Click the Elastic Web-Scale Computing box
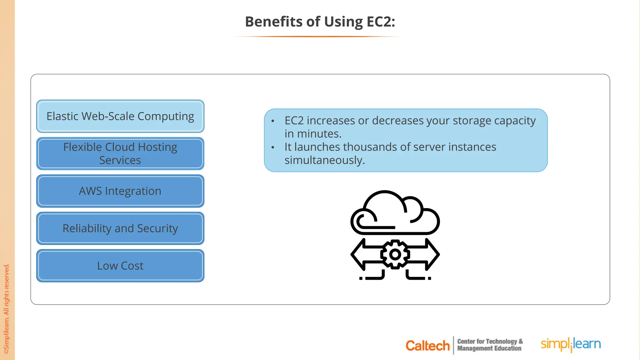tap(120, 116)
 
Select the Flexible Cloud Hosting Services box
tap(120, 153)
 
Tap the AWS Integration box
tap(120, 191)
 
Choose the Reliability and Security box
tap(120, 228)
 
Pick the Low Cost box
tap(120, 266)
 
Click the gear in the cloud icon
tap(395, 254)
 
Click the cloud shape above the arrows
tap(395, 214)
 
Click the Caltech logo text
tap(427, 346)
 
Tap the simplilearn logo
tap(571, 344)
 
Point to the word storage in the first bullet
tap(472, 121)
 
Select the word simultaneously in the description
tap(324, 160)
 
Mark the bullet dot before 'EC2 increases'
tap(273, 121)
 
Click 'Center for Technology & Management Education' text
tap(490, 345)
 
